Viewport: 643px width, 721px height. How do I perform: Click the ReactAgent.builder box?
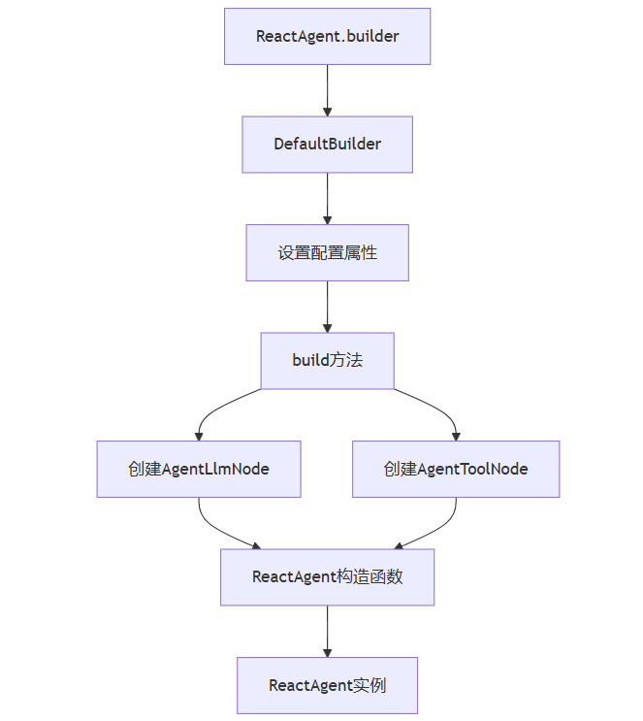327,37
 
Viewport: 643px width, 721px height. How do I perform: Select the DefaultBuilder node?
327,145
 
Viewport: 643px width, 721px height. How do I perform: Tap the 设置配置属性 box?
327,253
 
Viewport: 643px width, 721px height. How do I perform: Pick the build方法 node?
327,361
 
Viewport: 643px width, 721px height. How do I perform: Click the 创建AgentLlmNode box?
199,470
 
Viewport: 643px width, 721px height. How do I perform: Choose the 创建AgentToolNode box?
456,470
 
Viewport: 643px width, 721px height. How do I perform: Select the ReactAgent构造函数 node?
327,577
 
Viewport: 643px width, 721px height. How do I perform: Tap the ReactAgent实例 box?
327,685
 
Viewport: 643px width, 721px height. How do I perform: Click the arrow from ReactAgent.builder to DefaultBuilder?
327,90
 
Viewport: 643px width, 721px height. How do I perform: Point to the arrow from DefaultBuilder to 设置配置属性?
327,199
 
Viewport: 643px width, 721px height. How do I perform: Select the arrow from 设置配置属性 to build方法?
327,307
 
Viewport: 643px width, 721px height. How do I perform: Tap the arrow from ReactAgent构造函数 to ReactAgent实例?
327,631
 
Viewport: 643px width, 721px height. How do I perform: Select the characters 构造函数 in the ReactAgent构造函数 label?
370,577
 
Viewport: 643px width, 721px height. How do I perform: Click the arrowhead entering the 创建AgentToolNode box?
456,436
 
